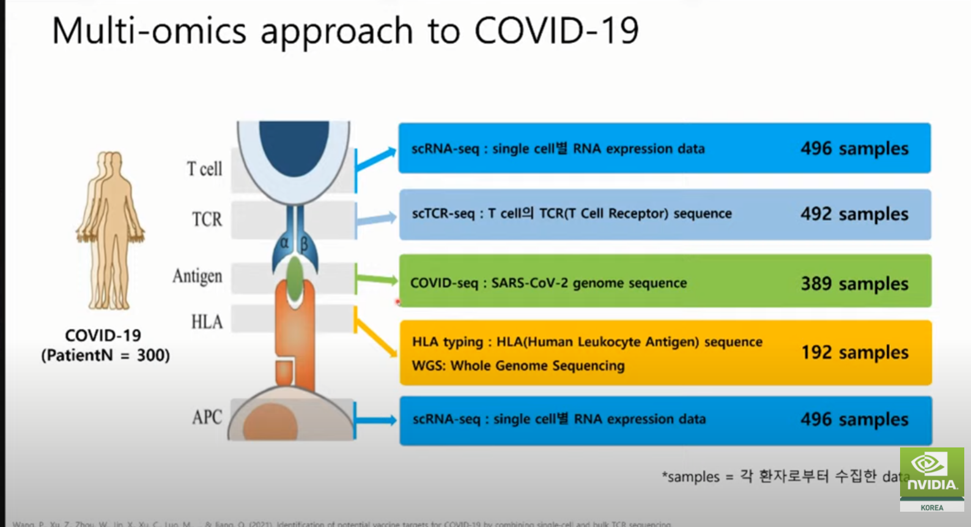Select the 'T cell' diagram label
click(204, 169)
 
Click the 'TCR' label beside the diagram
click(207, 219)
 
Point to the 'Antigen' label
click(197, 276)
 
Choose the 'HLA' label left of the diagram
click(207, 322)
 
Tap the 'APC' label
click(207, 417)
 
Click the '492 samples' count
click(854, 214)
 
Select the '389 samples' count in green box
click(854, 283)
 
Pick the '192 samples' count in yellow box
click(854, 353)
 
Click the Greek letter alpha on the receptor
click(284, 243)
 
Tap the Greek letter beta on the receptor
click(304, 245)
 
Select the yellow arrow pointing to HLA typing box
click(375, 337)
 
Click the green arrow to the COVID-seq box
click(377, 280)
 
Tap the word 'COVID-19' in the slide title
click(556, 31)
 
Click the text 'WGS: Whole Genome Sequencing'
click(518, 366)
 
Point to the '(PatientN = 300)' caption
click(105, 356)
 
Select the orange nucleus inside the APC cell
click(270, 423)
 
